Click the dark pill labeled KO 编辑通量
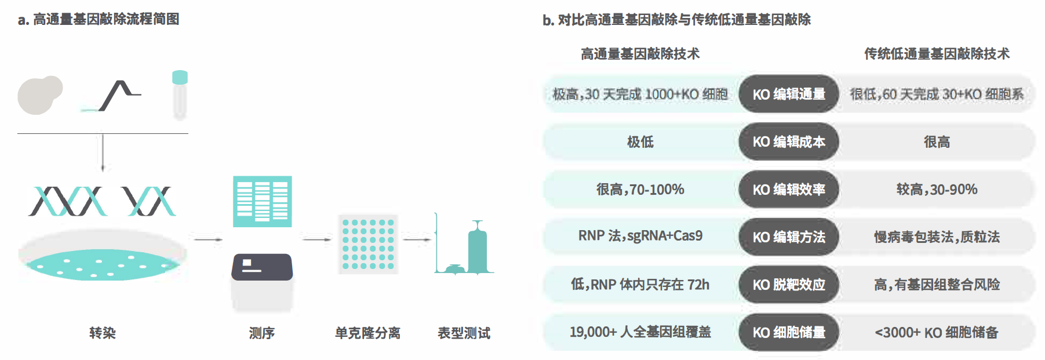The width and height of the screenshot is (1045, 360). point(788,94)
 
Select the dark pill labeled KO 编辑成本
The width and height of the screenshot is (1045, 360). point(788,141)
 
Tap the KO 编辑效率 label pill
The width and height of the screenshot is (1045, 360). point(788,190)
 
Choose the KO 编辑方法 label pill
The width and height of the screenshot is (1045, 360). point(788,237)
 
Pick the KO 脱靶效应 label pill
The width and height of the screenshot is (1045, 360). point(788,285)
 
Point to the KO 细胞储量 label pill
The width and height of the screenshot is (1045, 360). point(788,332)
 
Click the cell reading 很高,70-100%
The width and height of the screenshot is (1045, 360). point(640,190)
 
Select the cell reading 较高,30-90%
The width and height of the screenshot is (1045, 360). point(937,190)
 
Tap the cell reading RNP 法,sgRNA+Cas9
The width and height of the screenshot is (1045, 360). point(640,236)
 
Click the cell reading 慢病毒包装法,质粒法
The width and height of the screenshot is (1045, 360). point(937,237)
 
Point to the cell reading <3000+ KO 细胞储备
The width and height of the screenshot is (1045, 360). point(937,332)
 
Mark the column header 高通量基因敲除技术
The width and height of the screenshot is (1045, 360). point(640,54)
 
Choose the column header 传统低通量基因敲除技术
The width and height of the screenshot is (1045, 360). point(937,54)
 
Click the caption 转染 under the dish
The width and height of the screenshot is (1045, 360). point(103,333)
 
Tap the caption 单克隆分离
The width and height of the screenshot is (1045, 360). point(367,333)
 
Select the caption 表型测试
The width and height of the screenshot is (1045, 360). point(464,333)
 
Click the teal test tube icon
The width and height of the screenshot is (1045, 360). point(180,94)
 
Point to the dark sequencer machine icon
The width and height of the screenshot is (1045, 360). point(262,268)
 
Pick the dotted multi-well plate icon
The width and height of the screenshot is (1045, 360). point(368,244)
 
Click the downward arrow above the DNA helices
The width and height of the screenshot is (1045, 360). point(103,152)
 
